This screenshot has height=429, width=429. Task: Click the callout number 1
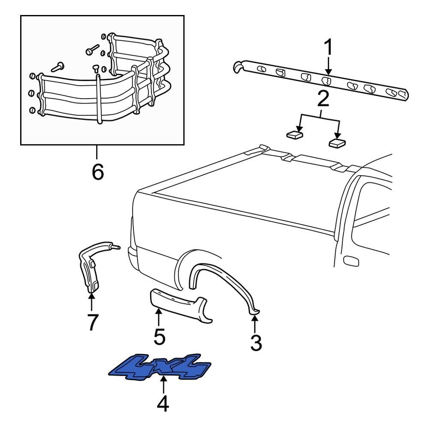[x=328, y=48]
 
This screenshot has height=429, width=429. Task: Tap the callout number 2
[x=323, y=99]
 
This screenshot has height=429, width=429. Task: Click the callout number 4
[x=163, y=404]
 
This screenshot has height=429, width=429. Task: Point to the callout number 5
[x=159, y=337]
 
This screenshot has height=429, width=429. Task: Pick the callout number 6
[x=97, y=172]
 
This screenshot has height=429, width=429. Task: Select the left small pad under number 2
[x=294, y=135]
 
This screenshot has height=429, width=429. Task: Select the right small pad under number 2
[x=337, y=142]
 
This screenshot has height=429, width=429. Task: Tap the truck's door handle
[x=351, y=260]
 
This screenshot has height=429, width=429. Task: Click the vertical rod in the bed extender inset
[x=99, y=99]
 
